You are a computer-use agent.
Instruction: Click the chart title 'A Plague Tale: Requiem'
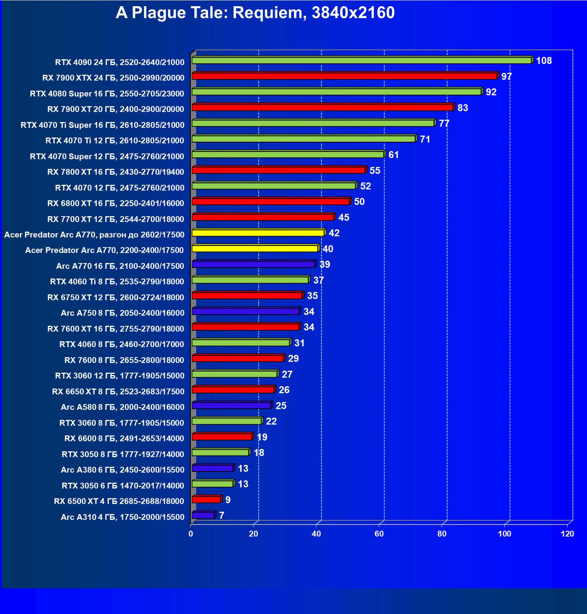[255, 13]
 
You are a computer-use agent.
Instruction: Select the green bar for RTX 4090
[361, 60]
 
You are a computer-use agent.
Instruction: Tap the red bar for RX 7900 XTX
[344, 76]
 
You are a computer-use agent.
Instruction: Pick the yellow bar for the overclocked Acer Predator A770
[258, 233]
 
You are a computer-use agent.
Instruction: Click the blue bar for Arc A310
[203, 515]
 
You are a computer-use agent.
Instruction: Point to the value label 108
[544, 61]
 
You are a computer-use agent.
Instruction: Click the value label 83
[463, 108]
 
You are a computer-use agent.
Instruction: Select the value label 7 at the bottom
[222, 516]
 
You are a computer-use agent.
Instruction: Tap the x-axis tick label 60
[379, 534]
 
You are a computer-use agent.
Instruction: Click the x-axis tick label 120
[567, 534]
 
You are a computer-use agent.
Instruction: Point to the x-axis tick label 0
[191, 534]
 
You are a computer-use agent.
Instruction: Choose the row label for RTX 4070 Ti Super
[102, 125]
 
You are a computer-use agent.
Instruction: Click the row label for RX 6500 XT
[119, 501]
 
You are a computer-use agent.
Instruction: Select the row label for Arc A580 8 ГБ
[123, 407]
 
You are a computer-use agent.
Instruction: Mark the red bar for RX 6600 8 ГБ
[222, 437]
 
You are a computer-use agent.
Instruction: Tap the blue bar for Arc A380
[212, 468]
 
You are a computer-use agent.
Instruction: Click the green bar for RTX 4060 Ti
[250, 280]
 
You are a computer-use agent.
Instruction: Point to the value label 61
[394, 155]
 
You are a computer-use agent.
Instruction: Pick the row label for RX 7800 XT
[116, 172]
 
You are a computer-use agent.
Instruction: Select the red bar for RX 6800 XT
[271, 201]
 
